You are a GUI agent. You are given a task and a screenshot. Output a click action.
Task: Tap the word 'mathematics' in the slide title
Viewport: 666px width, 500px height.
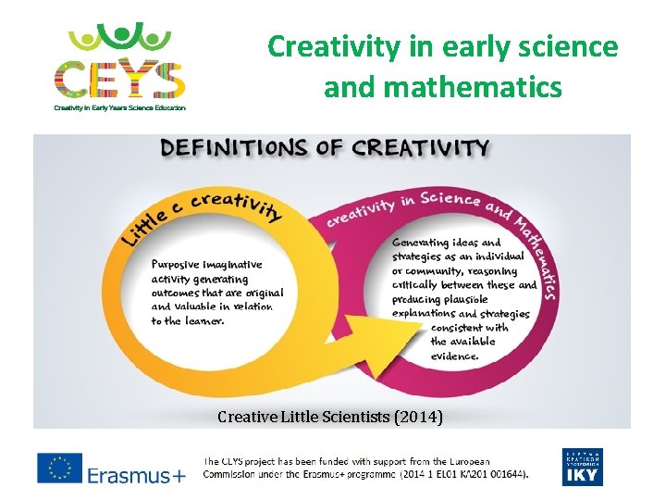pyautogui.click(x=443, y=87)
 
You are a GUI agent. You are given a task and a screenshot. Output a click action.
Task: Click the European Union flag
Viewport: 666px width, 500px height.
pyautogui.click(x=59, y=469)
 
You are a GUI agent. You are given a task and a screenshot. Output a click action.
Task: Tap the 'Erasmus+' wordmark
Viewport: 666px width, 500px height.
pyautogui.click(x=137, y=476)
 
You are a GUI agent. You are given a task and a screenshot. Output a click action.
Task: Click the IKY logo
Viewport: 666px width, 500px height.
pyautogui.click(x=582, y=468)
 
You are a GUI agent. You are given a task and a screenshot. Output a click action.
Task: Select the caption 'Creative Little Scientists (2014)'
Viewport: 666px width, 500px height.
pyautogui.click(x=330, y=418)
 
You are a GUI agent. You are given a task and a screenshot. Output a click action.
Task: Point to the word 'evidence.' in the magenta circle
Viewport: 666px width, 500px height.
pyautogui.click(x=455, y=356)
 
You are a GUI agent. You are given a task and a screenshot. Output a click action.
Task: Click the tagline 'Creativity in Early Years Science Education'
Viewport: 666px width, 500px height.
pyautogui.click(x=119, y=108)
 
